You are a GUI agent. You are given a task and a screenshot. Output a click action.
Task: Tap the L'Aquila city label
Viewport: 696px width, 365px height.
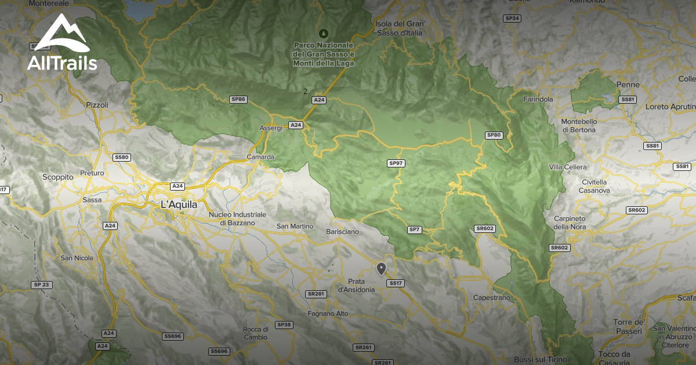pyautogui.click(x=179, y=205)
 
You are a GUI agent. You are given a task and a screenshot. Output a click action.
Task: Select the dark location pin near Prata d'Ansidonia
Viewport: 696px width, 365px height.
pyautogui.click(x=381, y=268)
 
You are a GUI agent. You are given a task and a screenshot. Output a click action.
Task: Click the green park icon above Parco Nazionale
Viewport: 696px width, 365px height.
pyautogui.click(x=324, y=32)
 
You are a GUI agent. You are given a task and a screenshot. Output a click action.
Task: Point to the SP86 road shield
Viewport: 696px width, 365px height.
pyautogui.click(x=238, y=100)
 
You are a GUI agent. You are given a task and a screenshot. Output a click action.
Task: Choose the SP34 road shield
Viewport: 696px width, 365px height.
pyautogui.click(x=512, y=19)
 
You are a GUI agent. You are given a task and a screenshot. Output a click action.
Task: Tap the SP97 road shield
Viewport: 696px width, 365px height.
pyautogui.click(x=396, y=163)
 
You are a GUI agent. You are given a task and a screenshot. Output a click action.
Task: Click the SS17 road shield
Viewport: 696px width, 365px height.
pyautogui.click(x=396, y=283)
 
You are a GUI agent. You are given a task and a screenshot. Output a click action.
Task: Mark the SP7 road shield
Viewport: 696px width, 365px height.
pyautogui.click(x=414, y=230)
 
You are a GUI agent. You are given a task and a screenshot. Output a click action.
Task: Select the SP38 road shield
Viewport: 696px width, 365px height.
pyautogui.click(x=284, y=325)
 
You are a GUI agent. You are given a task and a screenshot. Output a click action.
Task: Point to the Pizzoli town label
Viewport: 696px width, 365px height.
pyautogui.click(x=97, y=105)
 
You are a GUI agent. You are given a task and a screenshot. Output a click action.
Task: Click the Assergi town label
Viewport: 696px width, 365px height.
pyautogui.click(x=271, y=127)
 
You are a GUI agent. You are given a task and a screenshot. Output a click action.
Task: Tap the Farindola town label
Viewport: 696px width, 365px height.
pyautogui.click(x=538, y=100)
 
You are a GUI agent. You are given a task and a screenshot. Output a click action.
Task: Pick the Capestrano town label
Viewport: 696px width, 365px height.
pyautogui.click(x=492, y=298)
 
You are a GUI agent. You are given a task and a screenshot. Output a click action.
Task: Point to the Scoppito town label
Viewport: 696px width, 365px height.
pyautogui.click(x=58, y=177)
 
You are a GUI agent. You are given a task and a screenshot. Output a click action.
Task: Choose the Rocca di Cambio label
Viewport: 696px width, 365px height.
pyautogui.click(x=255, y=333)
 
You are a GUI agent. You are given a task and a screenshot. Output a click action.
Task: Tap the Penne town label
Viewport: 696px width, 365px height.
pyautogui.click(x=628, y=85)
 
